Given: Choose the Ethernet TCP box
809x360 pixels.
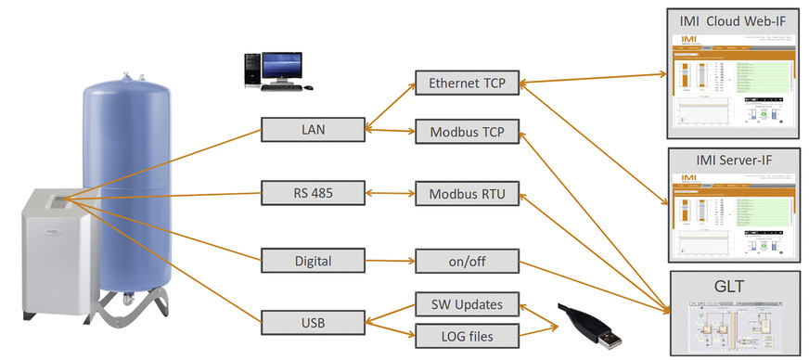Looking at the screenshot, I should click(x=467, y=84).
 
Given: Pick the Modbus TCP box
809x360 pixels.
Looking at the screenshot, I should click(x=467, y=132).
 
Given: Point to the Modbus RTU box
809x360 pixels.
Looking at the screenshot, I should click(x=467, y=196).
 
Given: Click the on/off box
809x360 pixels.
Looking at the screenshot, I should click(x=467, y=261).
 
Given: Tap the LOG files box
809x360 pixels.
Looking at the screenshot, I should click(x=467, y=335).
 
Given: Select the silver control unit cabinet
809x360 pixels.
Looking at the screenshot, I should click(x=61, y=251).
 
